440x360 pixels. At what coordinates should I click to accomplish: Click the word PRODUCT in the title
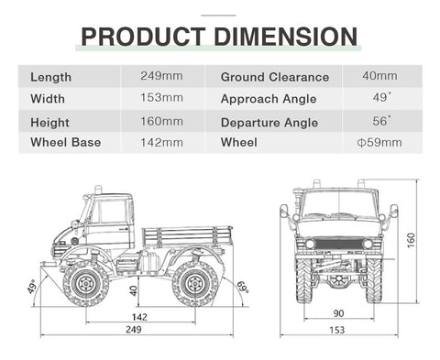[x=143, y=37]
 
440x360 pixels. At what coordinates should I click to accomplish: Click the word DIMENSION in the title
[x=286, y=37]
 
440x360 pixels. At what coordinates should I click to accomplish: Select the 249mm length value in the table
[x=161, y=76]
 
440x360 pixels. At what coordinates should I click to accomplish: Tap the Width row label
[x=48, y=99]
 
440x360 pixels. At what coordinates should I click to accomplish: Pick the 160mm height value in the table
[x=161, y=122]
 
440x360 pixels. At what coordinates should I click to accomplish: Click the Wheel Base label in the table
[x=66, y=142]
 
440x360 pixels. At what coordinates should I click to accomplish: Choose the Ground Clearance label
[x=275, y=77]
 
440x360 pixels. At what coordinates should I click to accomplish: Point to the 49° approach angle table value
[x=381, y=98]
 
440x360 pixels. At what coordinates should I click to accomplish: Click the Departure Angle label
[x=269, y=123]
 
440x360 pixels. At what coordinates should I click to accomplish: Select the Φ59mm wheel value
[x=379, y=143]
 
